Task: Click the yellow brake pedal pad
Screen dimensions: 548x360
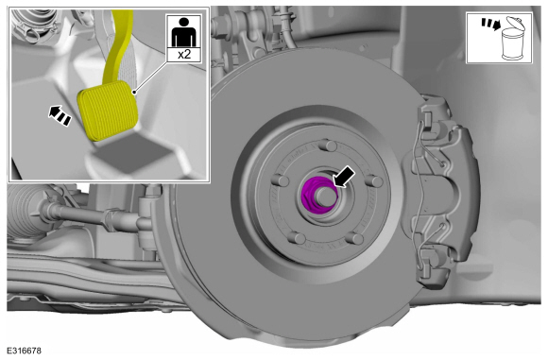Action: point(108,111)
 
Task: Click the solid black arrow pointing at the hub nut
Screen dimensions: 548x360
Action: point(344,178)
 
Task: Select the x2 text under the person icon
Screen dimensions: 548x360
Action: point(184,55)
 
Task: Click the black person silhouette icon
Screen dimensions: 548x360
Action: point(184,32)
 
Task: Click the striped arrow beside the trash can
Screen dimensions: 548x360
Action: point(490,24)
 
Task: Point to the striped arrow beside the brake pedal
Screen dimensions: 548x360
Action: point(60,115)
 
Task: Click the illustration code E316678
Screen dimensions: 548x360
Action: point(25,351)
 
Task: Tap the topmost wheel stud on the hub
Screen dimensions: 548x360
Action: point(328,146)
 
